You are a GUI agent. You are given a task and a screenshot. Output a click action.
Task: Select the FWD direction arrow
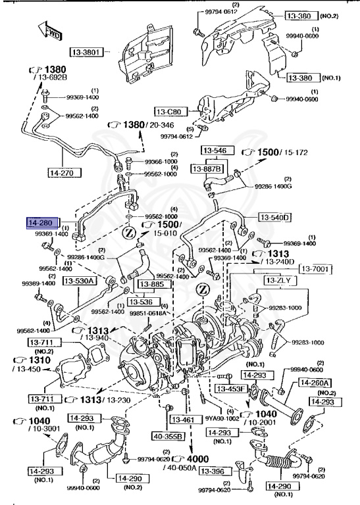coord(51,31)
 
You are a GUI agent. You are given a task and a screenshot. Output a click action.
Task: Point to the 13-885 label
coord(153,285)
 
